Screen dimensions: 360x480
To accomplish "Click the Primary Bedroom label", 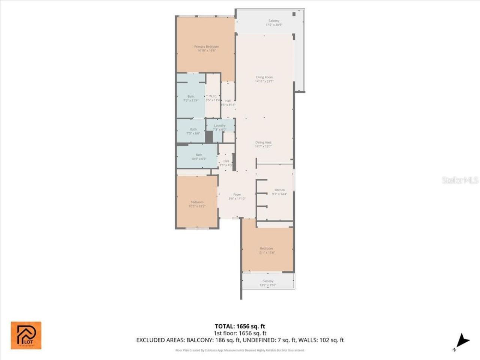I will point(206,47).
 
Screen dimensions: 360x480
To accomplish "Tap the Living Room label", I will point(264,78).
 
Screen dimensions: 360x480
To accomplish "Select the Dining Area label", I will point(263,142).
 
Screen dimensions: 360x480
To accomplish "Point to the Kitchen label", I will point(279,190).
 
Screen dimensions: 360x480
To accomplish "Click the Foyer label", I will point(237,195).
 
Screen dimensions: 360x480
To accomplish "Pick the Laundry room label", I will point(220,126).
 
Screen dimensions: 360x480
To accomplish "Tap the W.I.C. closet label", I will point(213,96).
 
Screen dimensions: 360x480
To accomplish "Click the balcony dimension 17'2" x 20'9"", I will point(274,25).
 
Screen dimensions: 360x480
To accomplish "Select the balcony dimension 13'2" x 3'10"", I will point(268,285).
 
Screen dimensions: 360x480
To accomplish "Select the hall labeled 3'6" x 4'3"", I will point(226,163).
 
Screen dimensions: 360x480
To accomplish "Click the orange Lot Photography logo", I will point(26,335).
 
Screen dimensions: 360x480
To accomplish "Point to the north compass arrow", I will point(463,341).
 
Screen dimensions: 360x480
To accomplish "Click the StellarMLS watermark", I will point(460,180).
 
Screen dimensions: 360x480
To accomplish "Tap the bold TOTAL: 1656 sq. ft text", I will point(240,326).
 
